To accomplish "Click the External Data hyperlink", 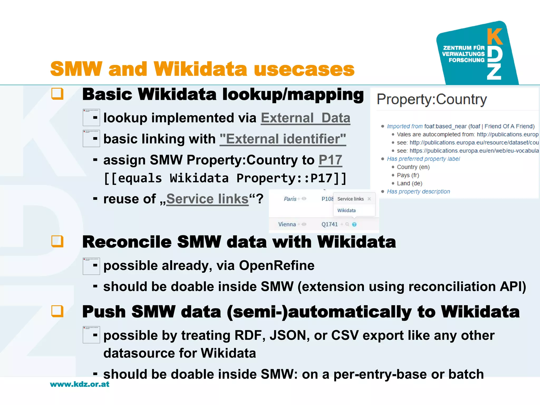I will [x=305, y=118].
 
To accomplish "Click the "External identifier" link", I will [x=283, y=139].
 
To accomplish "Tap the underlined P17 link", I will [x=330, y=160].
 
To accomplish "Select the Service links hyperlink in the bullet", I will [x=207, y=199].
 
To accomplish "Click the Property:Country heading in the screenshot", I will [x=432, y=100].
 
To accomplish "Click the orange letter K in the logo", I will [x=495, y=37].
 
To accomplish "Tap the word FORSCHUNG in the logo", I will [x=466, y=60].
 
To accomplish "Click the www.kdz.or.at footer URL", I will [x=80, y=384].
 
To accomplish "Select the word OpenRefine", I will [x=277, y=266].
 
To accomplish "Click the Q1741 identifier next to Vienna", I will [x=329, y=224].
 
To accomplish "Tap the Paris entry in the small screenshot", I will [x=290, y=199].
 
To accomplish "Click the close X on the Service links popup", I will [x=369, y=199].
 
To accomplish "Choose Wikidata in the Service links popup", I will [x=346, y=210].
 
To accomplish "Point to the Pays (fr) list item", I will [x=408, y=175].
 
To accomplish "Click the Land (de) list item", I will [x=409, y=184].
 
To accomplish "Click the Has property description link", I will [x=418, y=192].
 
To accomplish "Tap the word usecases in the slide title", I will [x=304, y=69].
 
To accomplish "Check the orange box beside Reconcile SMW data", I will [x=57, y=241].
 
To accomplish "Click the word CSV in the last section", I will [x=345, y=336].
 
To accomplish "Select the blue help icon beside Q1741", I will [x=354, y=224].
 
